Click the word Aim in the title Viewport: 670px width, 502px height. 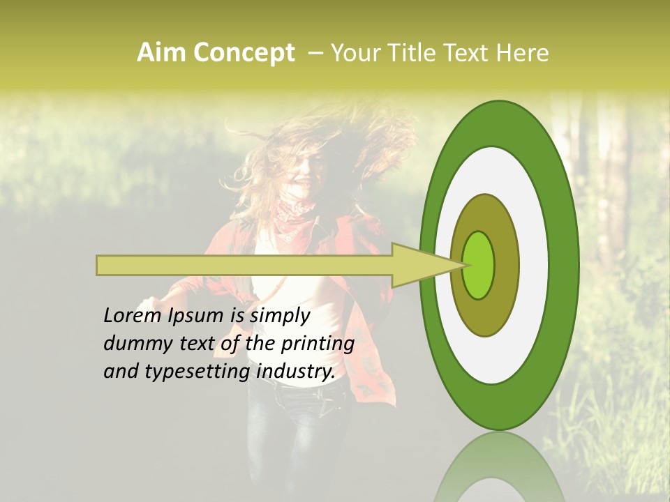[x=162, y=53]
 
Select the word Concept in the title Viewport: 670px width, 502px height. [x=244, y=54]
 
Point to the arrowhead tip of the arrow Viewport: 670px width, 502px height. [x=463, y=265]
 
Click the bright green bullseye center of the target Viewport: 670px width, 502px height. [x=479, y=265]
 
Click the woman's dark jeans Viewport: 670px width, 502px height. [x=293, y=432]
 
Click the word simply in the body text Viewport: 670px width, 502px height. [x=279, y=317]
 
